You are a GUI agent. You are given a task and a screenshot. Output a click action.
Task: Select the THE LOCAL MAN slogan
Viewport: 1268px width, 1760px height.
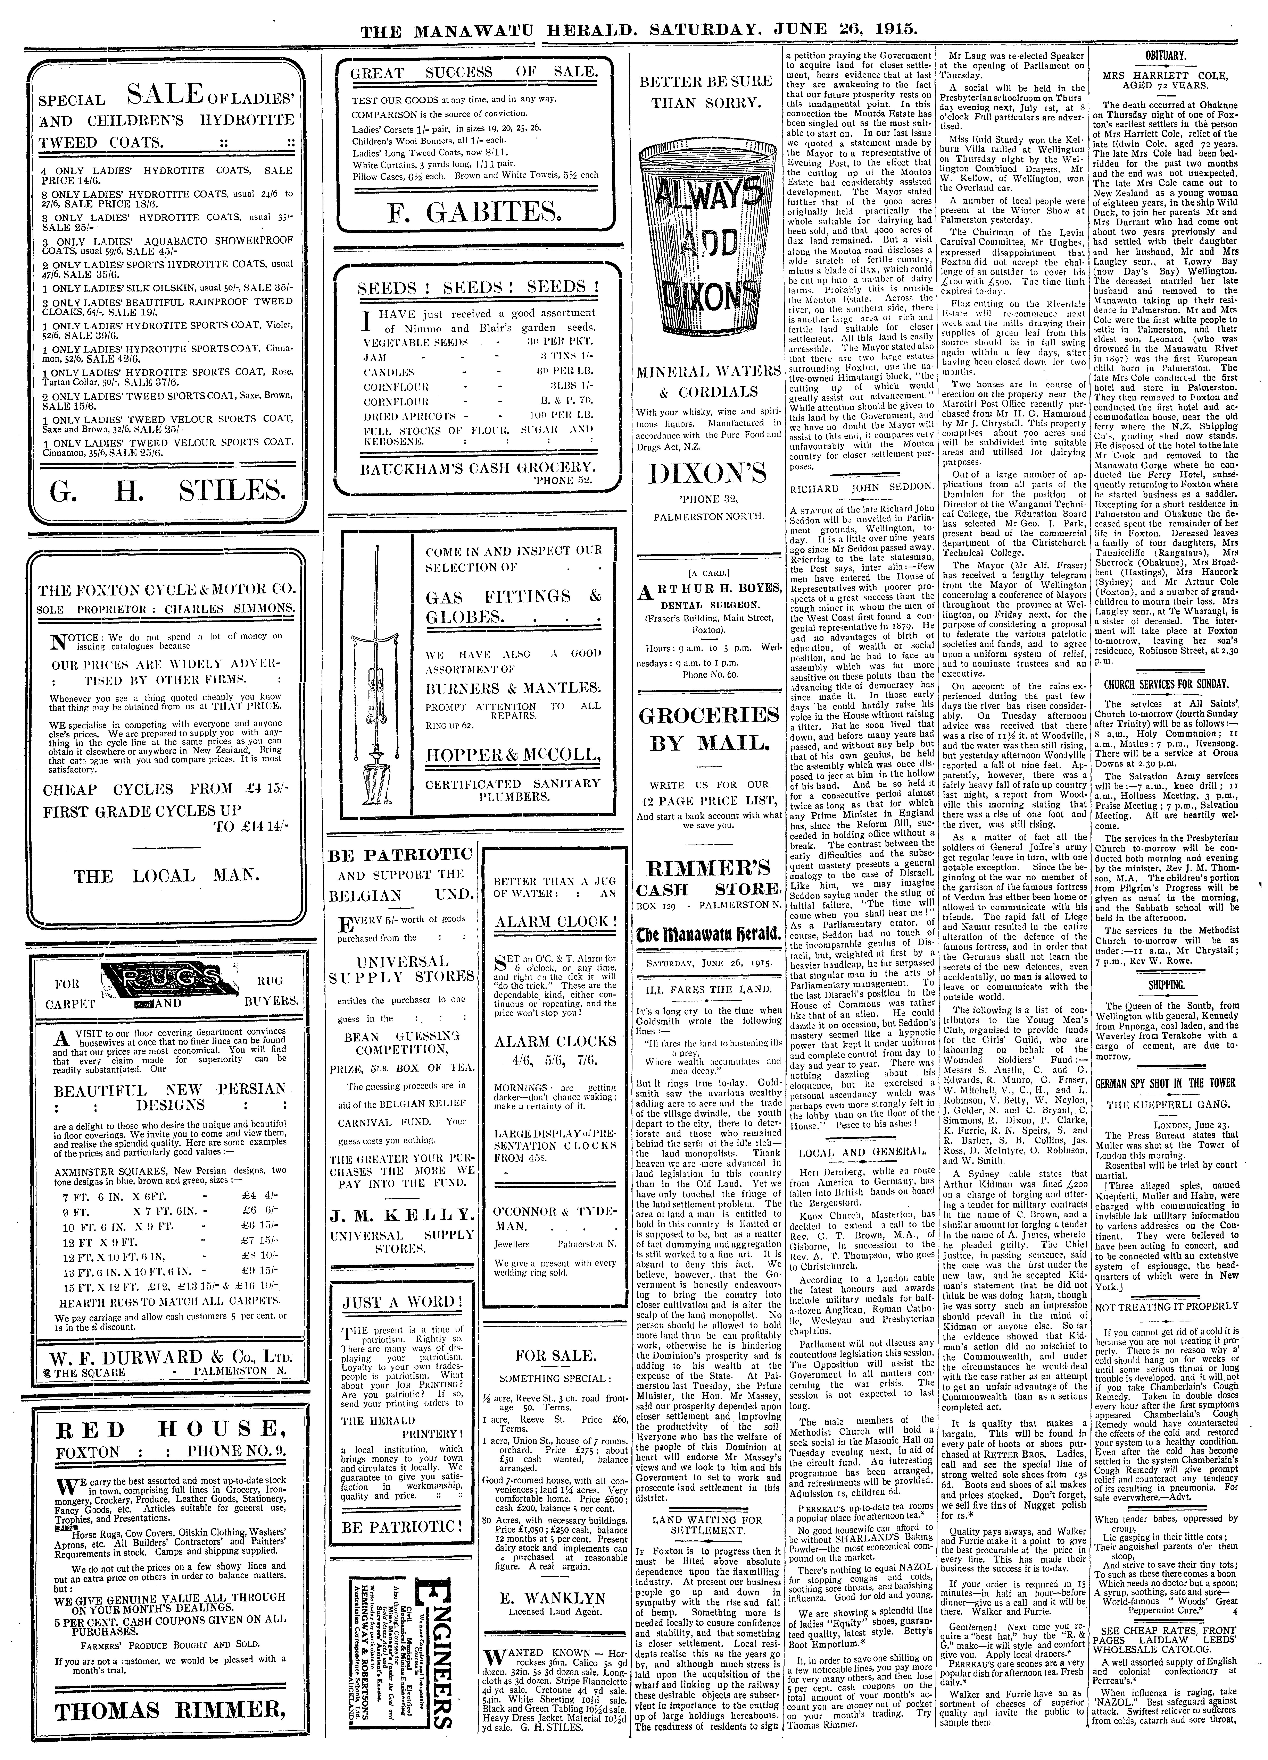tap(165, 875)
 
